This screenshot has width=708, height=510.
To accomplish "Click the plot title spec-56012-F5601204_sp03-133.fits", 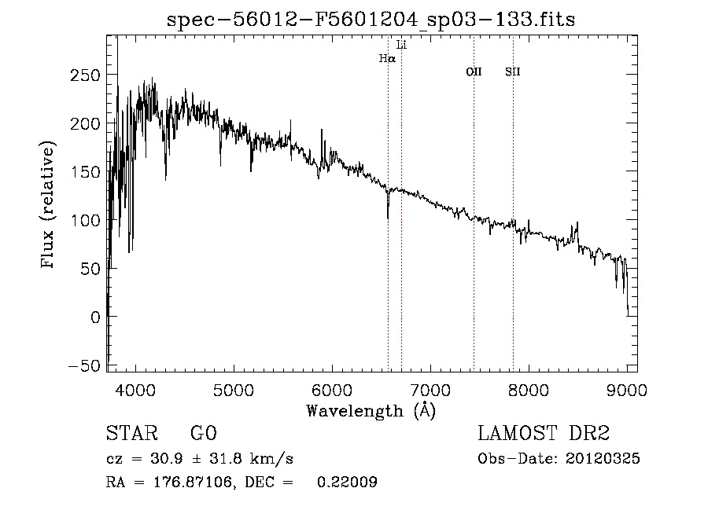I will coord(371,20).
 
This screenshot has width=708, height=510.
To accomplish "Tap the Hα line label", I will coord(387,58).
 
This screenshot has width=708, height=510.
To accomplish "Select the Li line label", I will coord(402,45).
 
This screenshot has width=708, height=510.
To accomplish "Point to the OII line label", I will coord(474,72).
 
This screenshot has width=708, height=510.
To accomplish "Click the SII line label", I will coord(513,72).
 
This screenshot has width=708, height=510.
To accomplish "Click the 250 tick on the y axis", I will coord(82,75).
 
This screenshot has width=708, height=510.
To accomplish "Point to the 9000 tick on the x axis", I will coord(627,389).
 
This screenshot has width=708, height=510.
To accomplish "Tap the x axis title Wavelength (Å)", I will coord(371,410).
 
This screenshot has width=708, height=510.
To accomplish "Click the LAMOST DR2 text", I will coord(544,434).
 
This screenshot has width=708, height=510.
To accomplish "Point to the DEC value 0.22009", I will coord(347,483).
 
